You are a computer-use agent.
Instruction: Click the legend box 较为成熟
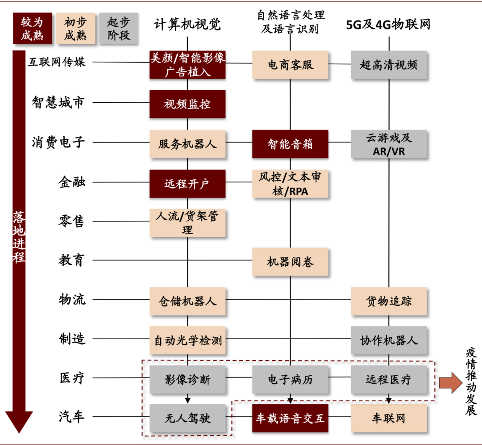pos(32,28)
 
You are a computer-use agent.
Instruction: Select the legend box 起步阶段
pos(119,28)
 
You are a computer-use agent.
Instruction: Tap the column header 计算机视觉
pos(187,24)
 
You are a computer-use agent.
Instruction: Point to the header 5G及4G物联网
pos(388,24)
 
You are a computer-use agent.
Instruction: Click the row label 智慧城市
pos(58,102)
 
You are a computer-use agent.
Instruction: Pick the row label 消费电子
pos(58,142)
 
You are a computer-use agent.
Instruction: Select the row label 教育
pos(71,260)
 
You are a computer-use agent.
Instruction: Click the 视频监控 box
pos(187,104)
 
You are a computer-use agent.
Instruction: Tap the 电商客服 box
pos(290,65)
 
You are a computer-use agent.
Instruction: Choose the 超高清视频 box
pos(389,65)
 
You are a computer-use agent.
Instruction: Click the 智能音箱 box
pos(290,144)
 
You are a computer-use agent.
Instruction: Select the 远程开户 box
pos(187,184)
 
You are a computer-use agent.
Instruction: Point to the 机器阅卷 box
pos(290,262)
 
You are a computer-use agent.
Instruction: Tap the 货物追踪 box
pos(389,301)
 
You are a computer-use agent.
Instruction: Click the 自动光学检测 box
pos(187,340)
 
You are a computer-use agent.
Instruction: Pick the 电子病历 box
pos(290,379)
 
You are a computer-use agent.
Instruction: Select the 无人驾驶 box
pos(187,418)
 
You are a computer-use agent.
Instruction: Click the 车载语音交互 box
pos(290,418)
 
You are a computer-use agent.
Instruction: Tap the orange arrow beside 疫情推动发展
pos(451,383)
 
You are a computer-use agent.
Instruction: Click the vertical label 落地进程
pos(19,236)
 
